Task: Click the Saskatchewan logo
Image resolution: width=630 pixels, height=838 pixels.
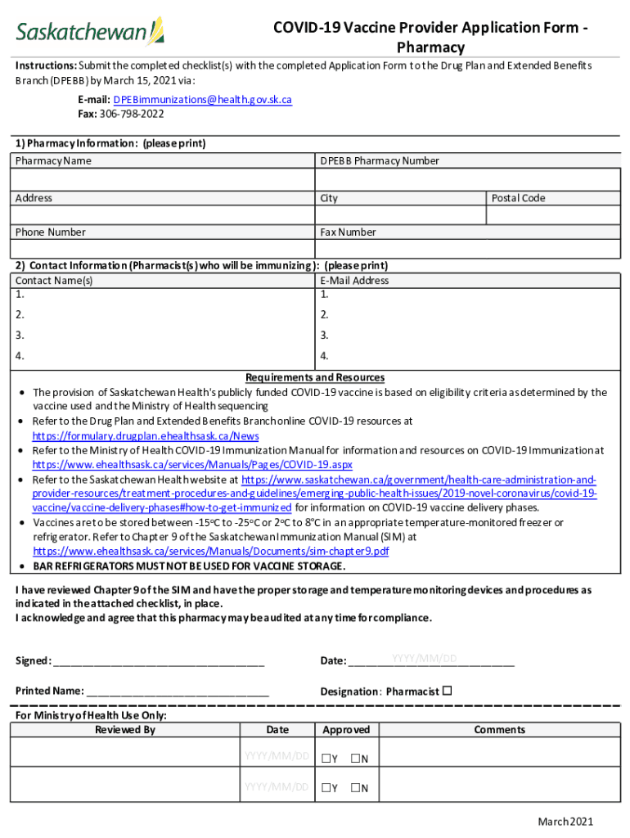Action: click(90, 32)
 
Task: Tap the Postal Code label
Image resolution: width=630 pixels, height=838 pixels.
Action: click(518, 198)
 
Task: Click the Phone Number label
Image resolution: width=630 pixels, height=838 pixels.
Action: click(51, 232)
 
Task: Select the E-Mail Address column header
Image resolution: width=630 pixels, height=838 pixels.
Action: click(354, 280)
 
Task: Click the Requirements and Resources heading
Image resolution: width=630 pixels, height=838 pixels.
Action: click(315, 377)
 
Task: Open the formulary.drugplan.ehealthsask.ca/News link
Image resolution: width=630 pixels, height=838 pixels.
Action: click(146, 436)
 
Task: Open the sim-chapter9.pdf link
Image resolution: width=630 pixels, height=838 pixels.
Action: click(210, 552)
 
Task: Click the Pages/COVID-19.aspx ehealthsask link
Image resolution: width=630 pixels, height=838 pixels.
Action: click(192, 464)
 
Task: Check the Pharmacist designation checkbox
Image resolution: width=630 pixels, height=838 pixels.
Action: click(447, 691)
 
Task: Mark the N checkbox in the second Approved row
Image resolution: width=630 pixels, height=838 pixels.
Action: click(355, 788)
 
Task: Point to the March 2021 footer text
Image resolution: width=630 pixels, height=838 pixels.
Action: click(565, 822)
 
